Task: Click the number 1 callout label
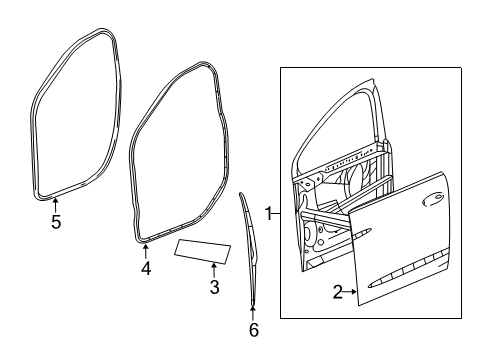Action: tap(268, 213)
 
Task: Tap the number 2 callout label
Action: tap(337, 291)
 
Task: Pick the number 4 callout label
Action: tap(146, 268)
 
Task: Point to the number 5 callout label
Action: tap(56, 222)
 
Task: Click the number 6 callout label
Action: tap(253, 330)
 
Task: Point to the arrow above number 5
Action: tap(56, 205)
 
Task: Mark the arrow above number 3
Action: tap(213, 270)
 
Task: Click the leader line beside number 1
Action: tap(279, 213)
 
